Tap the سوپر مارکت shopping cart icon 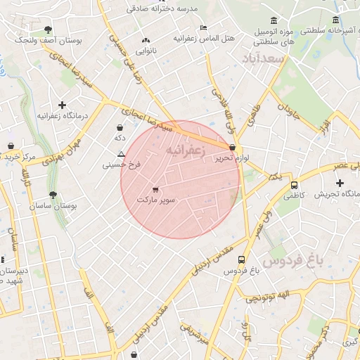coord(155,189)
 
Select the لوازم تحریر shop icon coord(233,148)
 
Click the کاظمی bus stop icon coord(294,186)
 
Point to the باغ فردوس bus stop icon coord(242,259)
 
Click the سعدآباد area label coord(262,58)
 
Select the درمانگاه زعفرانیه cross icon coord(63,105)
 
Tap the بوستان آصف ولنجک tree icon coord(48,30)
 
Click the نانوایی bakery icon coord(146,41)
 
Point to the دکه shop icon coord(120,128)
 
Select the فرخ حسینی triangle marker coord(122,153)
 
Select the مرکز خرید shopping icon coord(11,146)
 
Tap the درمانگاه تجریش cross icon coord(340,183)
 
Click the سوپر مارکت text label coord(155,201)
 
